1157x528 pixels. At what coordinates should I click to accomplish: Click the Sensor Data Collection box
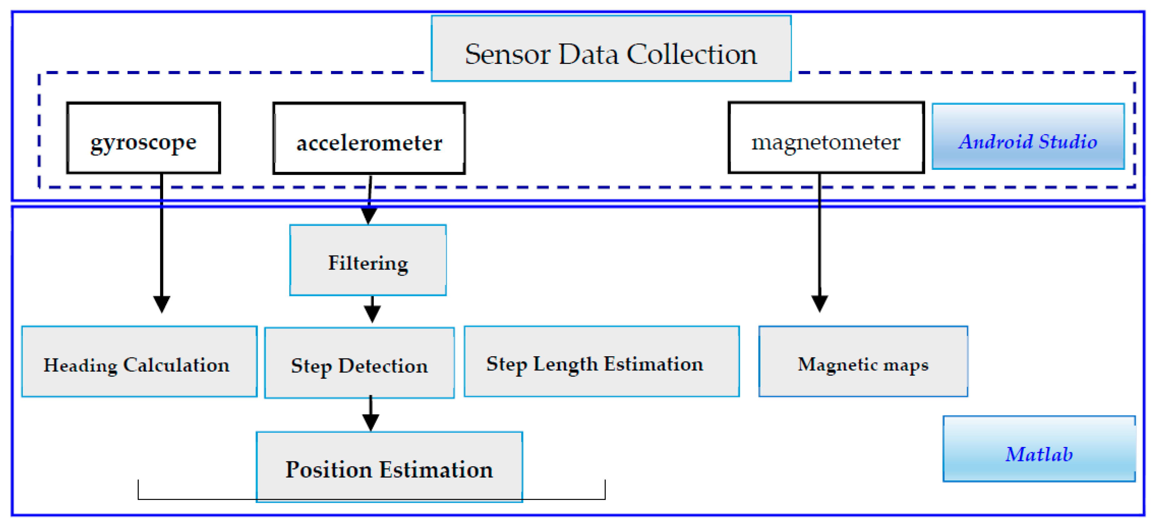point(611,48)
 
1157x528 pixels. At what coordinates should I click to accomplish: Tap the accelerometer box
point(369,138)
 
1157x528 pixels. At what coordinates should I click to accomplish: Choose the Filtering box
point(368,260)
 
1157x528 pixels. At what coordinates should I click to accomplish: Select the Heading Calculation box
point(139,362)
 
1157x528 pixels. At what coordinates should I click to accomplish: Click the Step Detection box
point(359,363)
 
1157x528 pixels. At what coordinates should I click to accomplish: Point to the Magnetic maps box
point(863,362)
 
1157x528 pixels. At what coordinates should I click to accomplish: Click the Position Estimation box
point(389,467)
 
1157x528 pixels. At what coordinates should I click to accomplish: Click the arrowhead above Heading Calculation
point(162,304)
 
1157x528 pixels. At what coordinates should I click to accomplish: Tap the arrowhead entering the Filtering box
point(369,216)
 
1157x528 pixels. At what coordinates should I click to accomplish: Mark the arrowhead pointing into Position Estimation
point(371,422)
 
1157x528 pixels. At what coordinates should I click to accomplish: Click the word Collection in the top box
point(691,55)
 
